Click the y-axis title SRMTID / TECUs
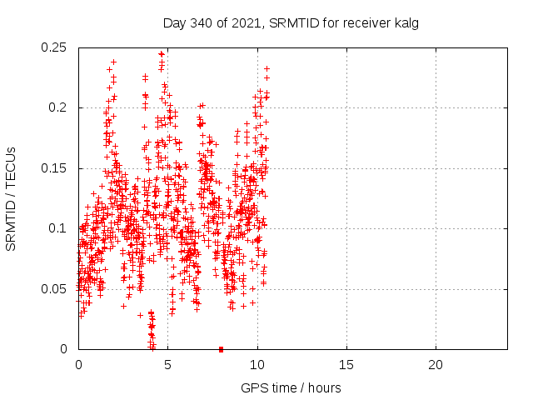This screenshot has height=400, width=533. point(12,198)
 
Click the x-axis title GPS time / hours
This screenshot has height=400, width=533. point(291,387)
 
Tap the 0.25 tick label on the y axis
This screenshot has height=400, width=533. point(54,47)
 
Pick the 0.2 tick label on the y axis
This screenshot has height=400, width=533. point(57,108)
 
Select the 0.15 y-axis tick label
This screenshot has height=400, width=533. point(54,168)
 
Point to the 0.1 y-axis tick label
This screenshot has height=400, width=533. point(57,229)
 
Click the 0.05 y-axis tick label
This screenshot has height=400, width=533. point(54,289)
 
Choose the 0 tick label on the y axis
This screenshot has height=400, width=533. point(64,349)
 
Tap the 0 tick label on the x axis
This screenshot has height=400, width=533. point(78,365)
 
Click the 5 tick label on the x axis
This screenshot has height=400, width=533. point(167,365)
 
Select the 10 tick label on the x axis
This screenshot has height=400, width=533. point(257,365)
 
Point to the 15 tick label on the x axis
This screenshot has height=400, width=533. point(346,365)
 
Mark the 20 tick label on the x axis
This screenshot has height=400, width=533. point(435,365)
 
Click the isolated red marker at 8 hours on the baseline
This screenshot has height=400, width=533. point(221,349)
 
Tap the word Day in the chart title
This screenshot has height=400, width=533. point(173,23)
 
